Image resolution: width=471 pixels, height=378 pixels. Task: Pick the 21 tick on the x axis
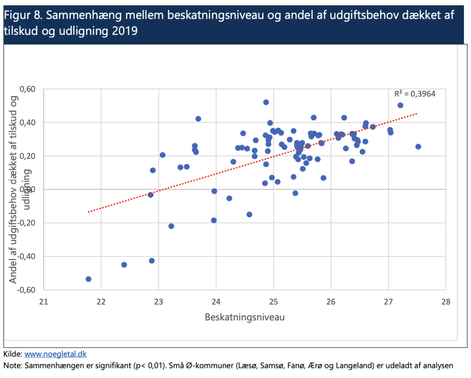[44, 302]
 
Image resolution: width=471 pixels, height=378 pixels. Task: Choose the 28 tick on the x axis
[445, 302]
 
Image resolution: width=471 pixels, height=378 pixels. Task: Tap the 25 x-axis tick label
[273, 302]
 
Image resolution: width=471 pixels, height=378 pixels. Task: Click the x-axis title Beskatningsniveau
[244, 318]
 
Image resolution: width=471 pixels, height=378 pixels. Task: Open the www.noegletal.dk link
[55, 354]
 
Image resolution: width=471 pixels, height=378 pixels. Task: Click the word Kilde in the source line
[12, 354]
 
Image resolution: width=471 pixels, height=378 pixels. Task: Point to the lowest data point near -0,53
[88, 279]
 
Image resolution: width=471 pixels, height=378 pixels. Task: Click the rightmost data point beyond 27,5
[418, 146]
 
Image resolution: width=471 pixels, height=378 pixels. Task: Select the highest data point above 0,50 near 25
[266, 102]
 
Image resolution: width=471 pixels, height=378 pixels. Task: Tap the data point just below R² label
[400, 105]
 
